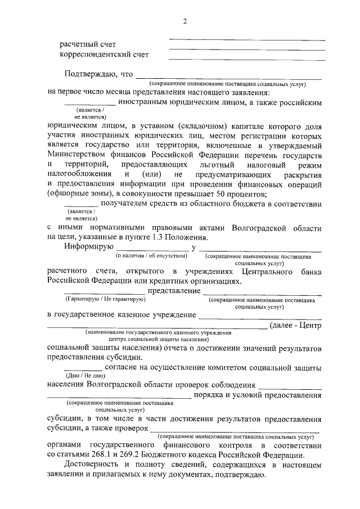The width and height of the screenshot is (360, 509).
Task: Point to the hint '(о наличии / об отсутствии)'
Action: pos(151,256)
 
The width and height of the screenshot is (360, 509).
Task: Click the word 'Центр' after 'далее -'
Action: pos(309,325)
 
